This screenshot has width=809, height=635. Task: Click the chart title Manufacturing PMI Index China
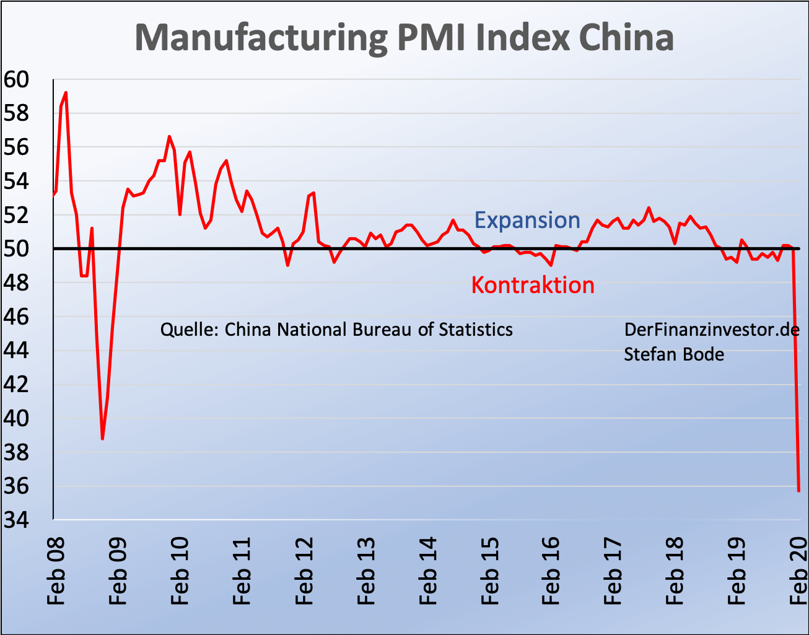tap(404, 37)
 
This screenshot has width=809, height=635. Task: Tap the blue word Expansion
tap(527, 221)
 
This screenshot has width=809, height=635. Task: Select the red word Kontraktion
tap(533, 285)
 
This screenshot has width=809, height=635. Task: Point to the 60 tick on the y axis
tap(16, 79)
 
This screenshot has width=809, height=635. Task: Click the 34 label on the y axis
tap(16, 520)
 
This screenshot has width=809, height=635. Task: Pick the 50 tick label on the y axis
tap(16, 249)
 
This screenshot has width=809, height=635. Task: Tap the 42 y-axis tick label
tap(16, 385)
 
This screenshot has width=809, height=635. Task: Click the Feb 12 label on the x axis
tap(304, 571)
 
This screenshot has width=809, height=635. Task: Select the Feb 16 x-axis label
tap(551, 571)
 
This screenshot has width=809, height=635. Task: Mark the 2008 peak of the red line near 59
tap(66, 92)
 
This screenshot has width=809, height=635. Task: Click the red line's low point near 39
tap(102, 439)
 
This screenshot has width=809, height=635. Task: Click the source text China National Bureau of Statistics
tap(369, 330)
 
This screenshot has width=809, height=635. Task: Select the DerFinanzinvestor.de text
tap(712, 330)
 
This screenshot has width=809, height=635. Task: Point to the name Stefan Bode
tap(674, 354)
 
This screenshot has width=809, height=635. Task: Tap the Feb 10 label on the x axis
tap(180, 571)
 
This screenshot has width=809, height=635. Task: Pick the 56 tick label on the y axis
tap(16, 147)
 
